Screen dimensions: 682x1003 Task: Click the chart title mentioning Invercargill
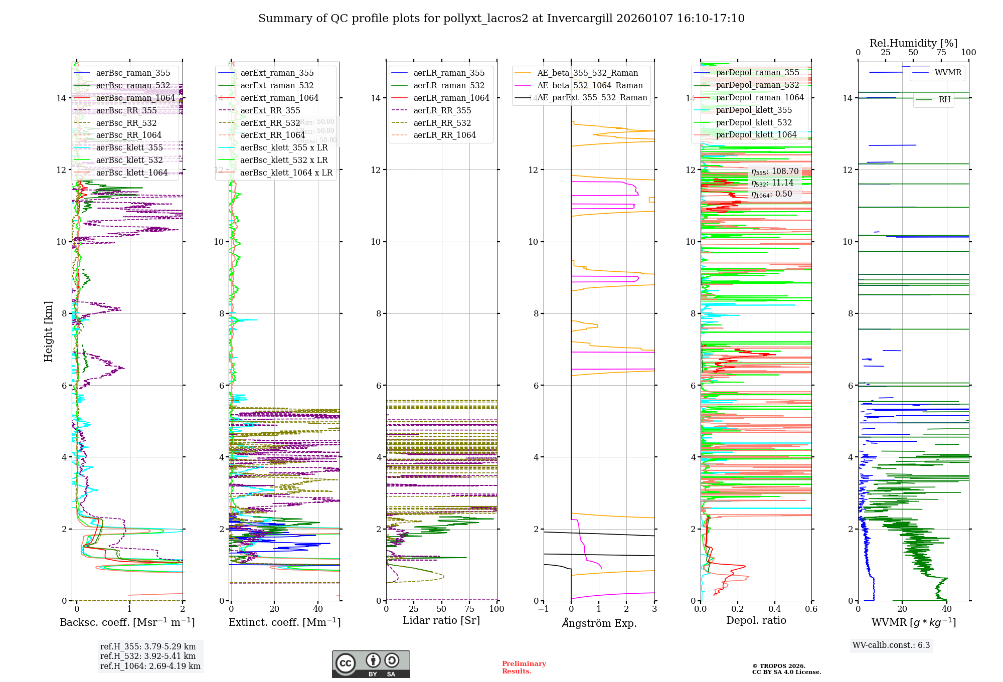tap(501, 19)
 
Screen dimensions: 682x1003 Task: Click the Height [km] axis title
tap(48, 331)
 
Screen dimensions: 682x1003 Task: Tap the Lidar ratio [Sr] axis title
tap(441, 620)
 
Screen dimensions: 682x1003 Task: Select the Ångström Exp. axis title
tap(599, 623)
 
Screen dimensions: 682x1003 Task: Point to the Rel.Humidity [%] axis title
tap(913, 43)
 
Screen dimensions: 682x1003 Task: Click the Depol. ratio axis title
tap(756, 620)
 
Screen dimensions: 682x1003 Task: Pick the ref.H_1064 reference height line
tap(150, 666)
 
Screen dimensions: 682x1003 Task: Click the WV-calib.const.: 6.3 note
tap(891, 645)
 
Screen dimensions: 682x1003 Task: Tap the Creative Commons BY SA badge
tap(371, 664)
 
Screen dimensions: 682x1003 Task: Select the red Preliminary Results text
tap(524, 667)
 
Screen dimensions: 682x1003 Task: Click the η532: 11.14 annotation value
tap(772, 183)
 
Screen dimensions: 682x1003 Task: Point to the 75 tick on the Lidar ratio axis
tap(469, 609)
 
